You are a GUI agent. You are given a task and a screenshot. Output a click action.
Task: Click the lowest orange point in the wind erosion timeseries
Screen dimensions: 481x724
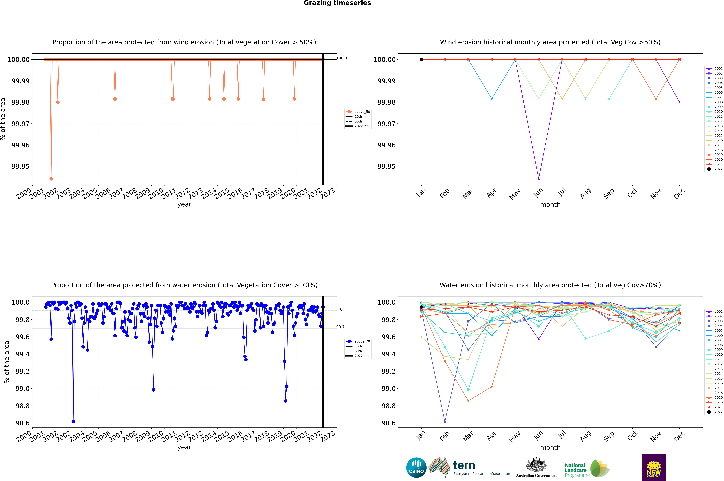[51, 179]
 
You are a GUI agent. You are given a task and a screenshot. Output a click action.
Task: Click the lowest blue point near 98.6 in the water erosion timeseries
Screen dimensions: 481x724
[73, 421]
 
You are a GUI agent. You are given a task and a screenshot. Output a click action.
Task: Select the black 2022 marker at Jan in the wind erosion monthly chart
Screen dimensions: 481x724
[421, 60]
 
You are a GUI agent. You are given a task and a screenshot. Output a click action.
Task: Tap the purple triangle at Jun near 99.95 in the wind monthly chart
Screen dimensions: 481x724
[539, 179]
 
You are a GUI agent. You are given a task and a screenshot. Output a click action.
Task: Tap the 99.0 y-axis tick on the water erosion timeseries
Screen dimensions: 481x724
[22, 389]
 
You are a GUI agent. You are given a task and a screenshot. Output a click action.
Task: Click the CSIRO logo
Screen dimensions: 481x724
[416, 468]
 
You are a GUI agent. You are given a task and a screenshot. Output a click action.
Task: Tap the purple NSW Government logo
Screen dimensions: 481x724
[654, 468]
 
